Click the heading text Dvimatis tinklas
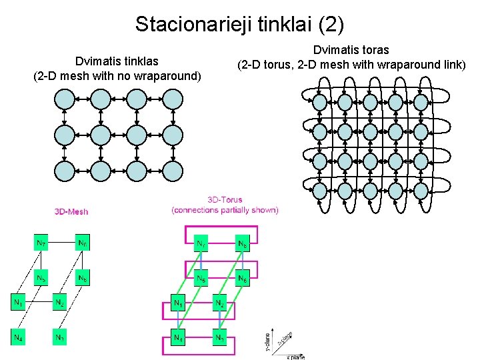(117, 61)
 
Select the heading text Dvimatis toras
(351, 50)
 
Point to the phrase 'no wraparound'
(162, 75)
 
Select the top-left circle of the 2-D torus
(320, 102)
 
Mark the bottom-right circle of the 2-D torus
(421, 192)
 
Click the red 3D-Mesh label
(71, 212)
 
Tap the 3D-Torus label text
(225, 199)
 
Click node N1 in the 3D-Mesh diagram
(18, 303)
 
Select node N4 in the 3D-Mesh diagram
(18, 337)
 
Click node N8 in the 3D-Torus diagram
(243, 244)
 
